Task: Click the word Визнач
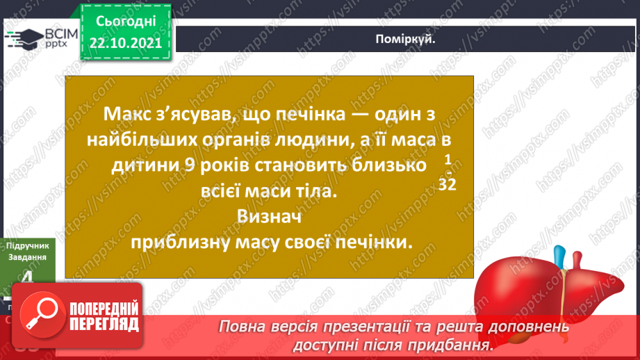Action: coord(267,217)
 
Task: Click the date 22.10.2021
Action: coord(126,44)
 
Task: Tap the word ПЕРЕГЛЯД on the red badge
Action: coord(102,324)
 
